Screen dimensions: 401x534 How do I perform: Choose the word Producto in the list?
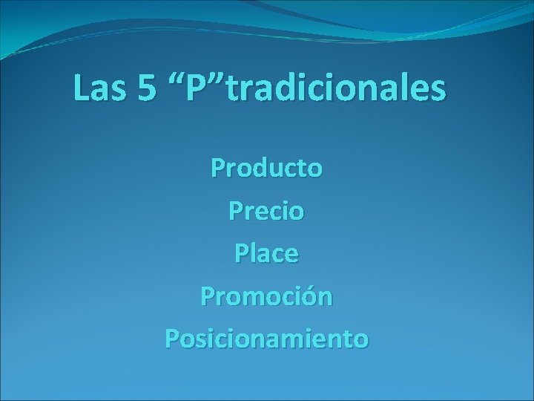pos(266,169)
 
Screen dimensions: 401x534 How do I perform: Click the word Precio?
pos(266,212)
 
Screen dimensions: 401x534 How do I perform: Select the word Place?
pos(266,254)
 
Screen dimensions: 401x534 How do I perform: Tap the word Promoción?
pos(266,297)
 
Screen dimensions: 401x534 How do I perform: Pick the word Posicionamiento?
pos(266,339)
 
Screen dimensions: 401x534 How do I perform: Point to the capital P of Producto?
pos(217,169)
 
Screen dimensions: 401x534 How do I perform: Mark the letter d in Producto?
pos(257,169)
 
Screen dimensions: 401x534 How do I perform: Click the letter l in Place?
pos(250,254)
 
